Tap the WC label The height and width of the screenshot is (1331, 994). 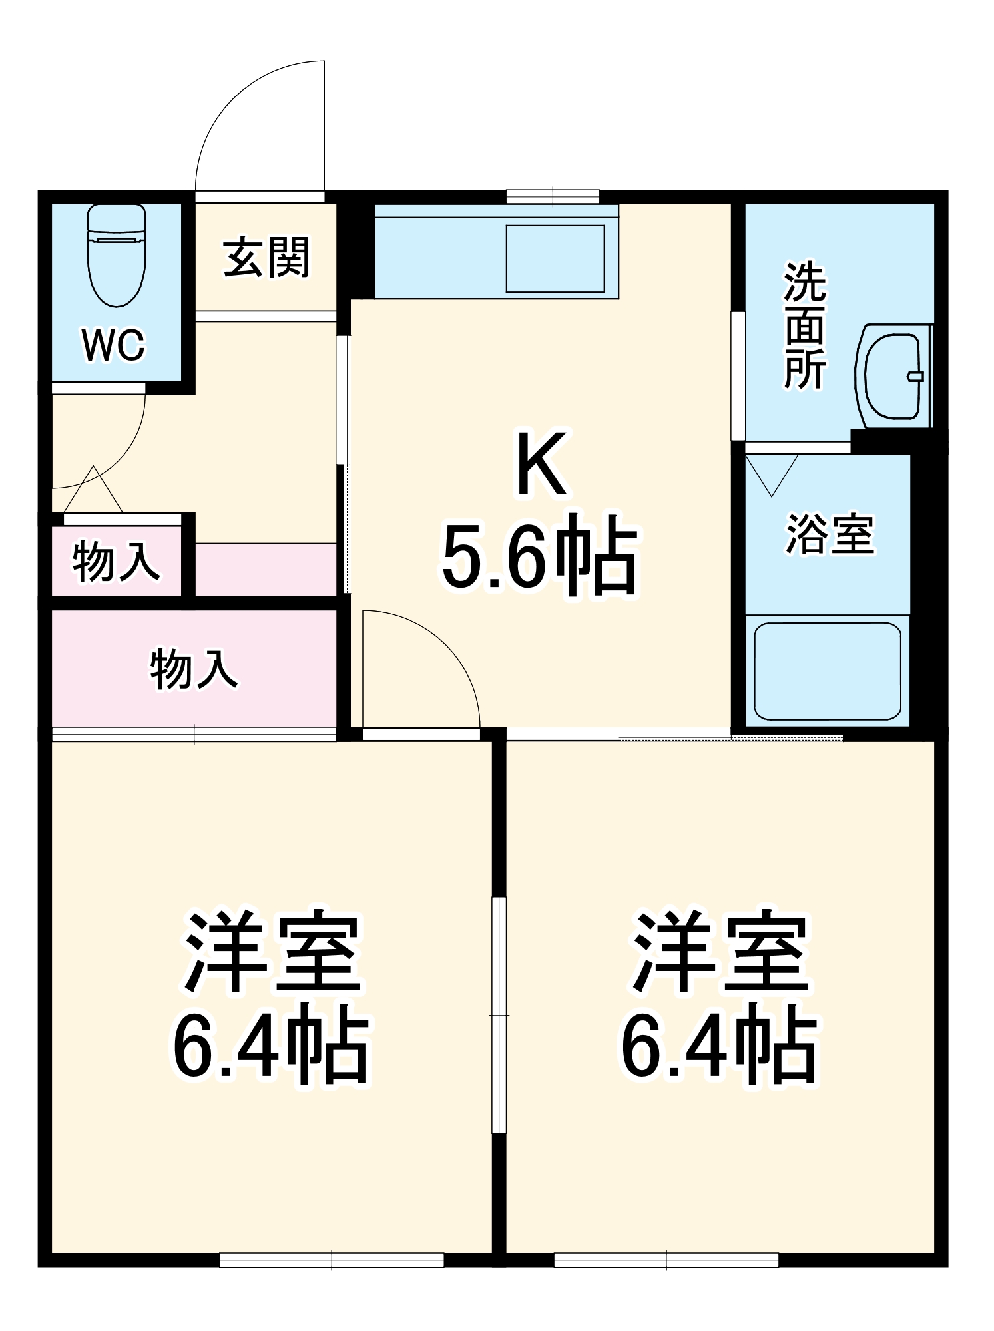point(113,345)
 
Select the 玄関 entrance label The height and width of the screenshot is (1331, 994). point(266,258)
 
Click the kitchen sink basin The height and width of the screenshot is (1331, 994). point(555,258)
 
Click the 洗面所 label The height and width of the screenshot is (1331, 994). point(804,325)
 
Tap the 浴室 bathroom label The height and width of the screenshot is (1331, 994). point(830,534)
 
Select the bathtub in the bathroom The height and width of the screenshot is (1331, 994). point(827,671)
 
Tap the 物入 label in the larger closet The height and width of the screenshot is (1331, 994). point(193,669)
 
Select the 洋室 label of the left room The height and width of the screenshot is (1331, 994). point(272,952)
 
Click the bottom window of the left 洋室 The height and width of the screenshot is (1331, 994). point(332,1260)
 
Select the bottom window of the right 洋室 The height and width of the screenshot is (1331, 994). point(666,1260)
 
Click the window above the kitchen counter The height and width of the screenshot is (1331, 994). point(553,197)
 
